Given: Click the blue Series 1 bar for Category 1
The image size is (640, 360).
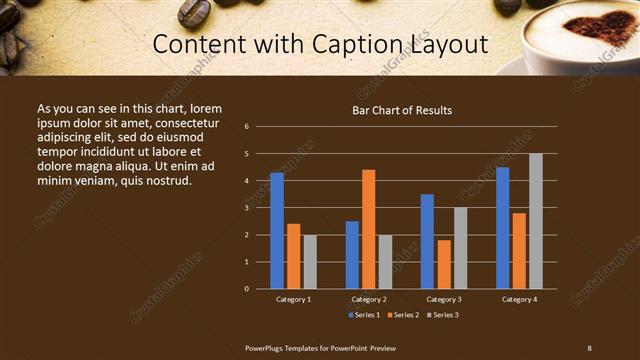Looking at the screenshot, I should coord(277,231).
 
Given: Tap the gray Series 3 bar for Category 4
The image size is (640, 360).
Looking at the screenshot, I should coord(536,221).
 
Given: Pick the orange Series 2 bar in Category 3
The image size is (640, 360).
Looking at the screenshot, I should coord(444,264).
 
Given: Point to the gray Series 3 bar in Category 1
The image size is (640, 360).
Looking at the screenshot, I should coord(310,262).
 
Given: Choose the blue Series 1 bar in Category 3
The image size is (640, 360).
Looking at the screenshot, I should coord(427,241).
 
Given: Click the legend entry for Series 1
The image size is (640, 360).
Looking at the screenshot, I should coord(363,315).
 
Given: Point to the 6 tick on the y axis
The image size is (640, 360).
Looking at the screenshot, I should coord(247,127).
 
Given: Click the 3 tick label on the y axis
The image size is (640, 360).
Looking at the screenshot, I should coord(247,208).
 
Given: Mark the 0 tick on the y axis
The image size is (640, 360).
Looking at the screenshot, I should coord(247,289).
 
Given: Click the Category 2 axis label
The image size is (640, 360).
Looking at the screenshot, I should coord(369,299).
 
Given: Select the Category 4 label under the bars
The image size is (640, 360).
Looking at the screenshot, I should coord(519,299).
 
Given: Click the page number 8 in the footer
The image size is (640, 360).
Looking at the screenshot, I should coord(589,347).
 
